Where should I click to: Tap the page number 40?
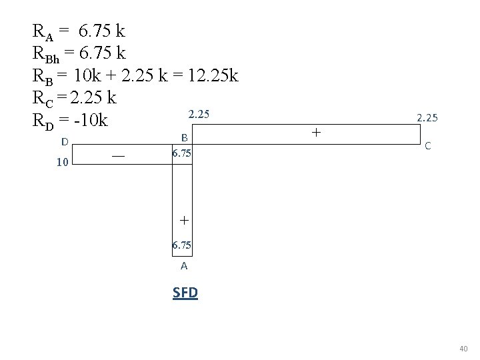point(464,349)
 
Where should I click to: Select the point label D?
point(64,141)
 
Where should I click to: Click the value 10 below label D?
point(62,162)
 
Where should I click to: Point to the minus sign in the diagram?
point(118,155)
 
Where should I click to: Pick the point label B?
point(185,137)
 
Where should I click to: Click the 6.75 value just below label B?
point(182,153)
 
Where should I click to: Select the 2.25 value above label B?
point(199,115)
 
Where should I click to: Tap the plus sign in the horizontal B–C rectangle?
point(315,133)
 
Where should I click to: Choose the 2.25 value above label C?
point(427,118)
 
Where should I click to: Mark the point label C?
point(427,145)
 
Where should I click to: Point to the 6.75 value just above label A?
point(182,245)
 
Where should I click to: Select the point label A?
point(184,265)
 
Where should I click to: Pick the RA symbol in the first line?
point(42,32)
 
